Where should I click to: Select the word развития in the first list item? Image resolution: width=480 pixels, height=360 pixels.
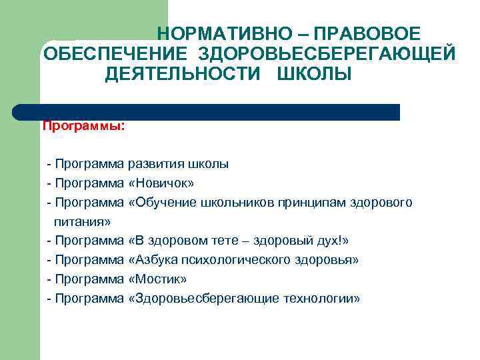pos(157,163)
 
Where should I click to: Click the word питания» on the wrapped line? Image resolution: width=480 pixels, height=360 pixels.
pos(82,221)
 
